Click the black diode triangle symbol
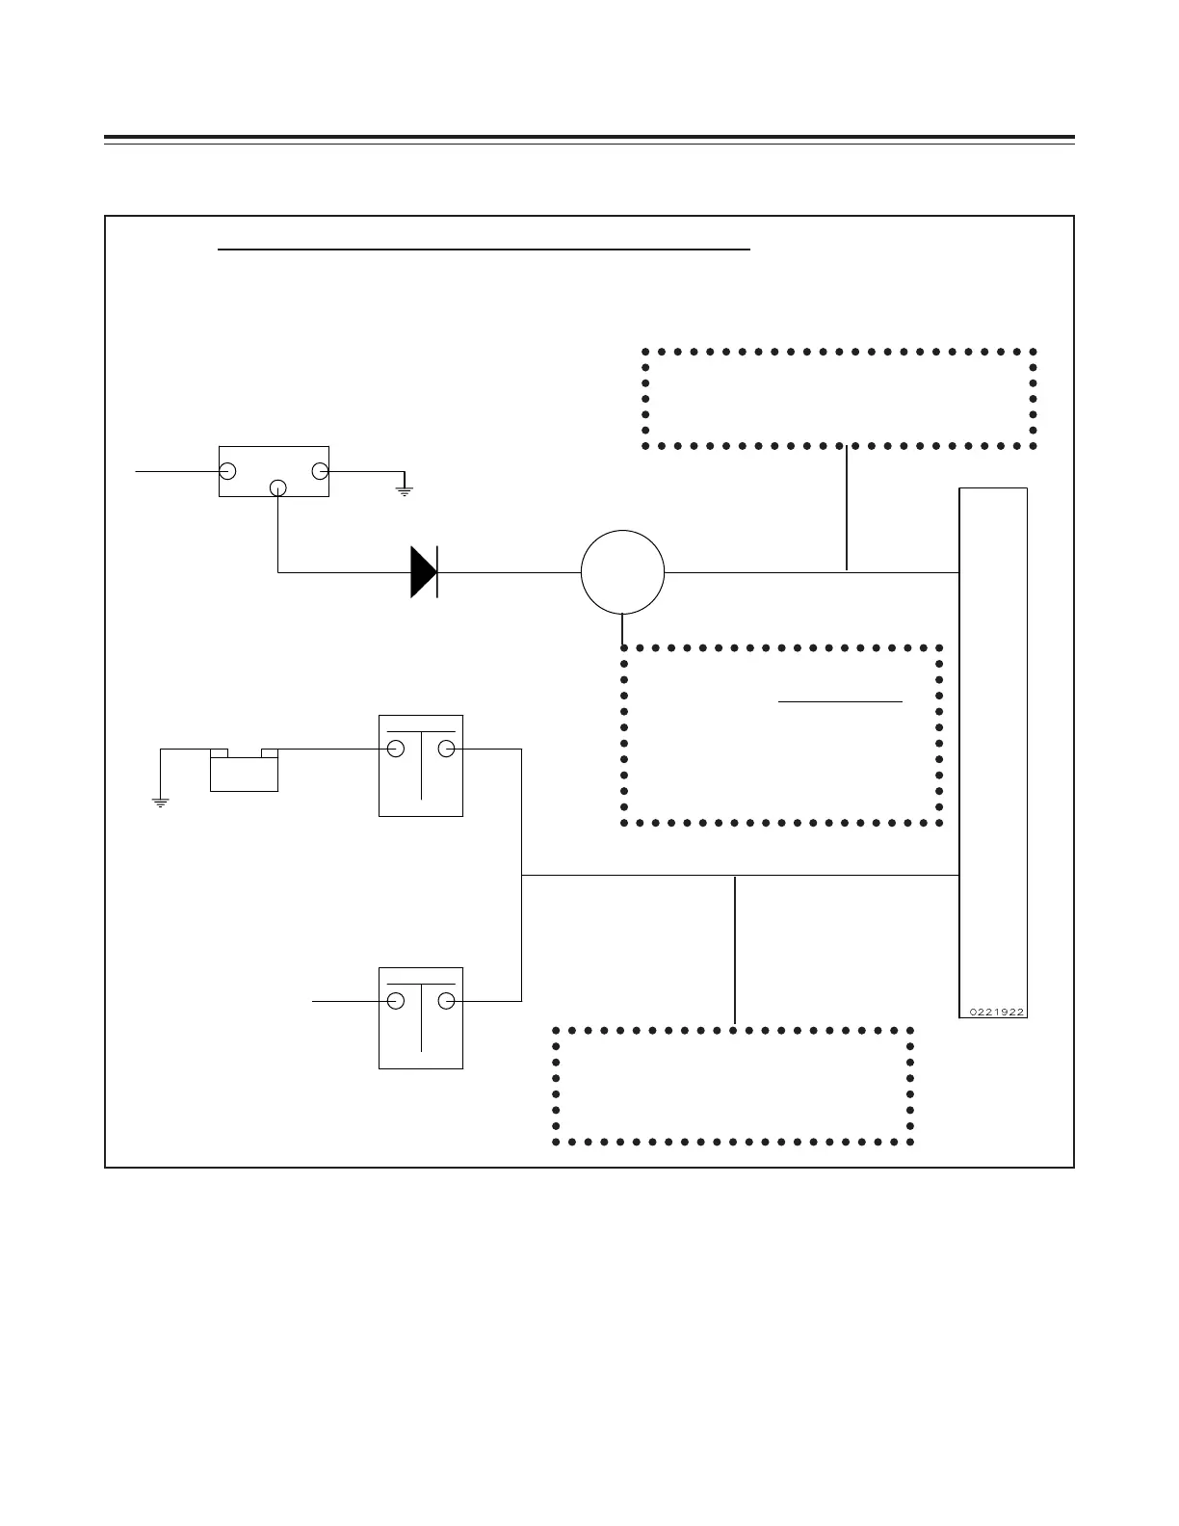(x=423, y=572)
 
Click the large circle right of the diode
(x=622, y=572)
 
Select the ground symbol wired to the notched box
(x=161, y=801)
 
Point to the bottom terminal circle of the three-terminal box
(x=277, y=487)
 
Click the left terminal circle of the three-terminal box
(x=228, y=471)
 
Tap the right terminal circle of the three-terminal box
(x=320, y=471)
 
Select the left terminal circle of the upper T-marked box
(x=395, y=750)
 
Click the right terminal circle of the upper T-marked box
(x=446, y=750)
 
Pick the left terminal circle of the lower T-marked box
(x=395, y=1001)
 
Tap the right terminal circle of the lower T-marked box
(x=446, y=1001)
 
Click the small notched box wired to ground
(x=244, y=772)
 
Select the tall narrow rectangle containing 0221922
(x=993, y=751)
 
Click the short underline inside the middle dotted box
(x=840, y=701)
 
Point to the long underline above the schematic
(x=484, y=249)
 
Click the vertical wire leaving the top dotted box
(x=846, y=509)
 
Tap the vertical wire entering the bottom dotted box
(x=735, y=950)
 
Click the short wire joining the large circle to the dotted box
(x=623, y=629)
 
